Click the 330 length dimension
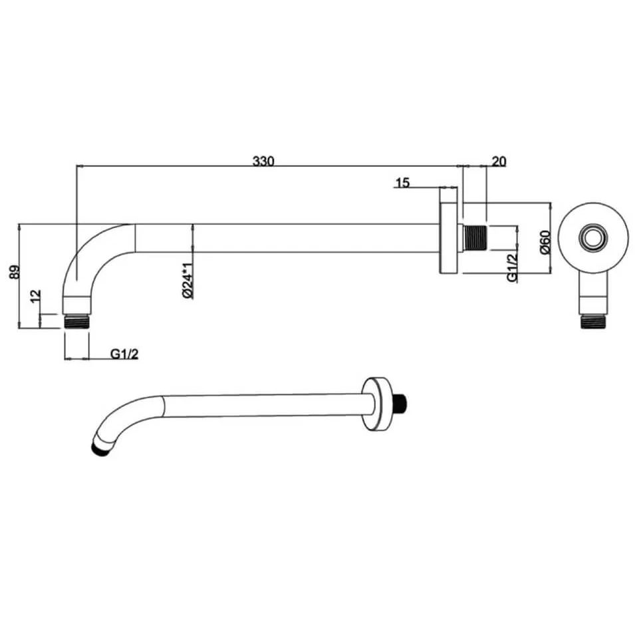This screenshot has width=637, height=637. point(263,161)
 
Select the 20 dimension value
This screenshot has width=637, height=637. point(498,161)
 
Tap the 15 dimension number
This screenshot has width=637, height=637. point(402,182)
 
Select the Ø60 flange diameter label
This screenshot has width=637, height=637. point(544,240)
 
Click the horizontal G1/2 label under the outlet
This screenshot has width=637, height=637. point(124,354)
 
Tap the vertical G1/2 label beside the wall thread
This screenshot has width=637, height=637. point(512,267)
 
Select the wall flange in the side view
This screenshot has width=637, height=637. point(448,237)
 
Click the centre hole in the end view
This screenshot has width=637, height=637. point(592,237)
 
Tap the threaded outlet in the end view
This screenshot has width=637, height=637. point(592,321)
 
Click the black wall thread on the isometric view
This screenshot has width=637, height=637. point(402,403)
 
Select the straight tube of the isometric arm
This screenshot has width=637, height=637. point(266,406)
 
